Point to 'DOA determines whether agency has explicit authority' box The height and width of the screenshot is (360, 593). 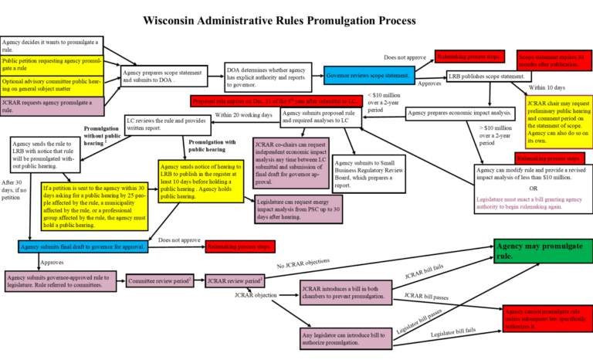click(270, 76)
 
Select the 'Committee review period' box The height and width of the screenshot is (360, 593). click(161, 281)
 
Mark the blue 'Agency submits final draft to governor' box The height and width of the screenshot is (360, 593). click(83, 246)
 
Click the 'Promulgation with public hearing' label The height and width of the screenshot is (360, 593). click(212, 146)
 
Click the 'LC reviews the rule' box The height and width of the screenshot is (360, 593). click(168, 124)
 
